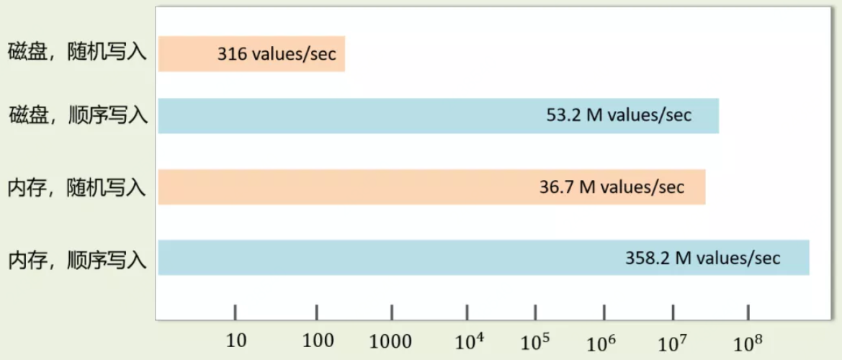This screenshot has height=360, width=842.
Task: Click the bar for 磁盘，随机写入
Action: click(x=187, y=54)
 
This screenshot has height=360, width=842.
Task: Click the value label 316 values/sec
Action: click(x=277, y=55)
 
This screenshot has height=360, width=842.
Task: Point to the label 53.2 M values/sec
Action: click(x=619, y=115)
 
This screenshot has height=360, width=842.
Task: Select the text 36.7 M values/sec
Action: click(x=612, y=187)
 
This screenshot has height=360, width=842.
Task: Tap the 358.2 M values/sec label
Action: click(x=702, y=258)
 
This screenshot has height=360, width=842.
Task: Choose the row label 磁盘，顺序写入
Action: click(x=78, y=115)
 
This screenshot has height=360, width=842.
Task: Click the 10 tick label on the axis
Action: click(x=236, y=341)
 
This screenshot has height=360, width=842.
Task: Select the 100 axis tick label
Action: click(x=318, y=341)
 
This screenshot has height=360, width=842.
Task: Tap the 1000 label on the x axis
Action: click(x=390, y=341)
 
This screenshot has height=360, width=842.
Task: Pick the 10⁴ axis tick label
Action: click(x=470, y=341)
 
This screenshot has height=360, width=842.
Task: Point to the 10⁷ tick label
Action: click(x=673, y=341)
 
